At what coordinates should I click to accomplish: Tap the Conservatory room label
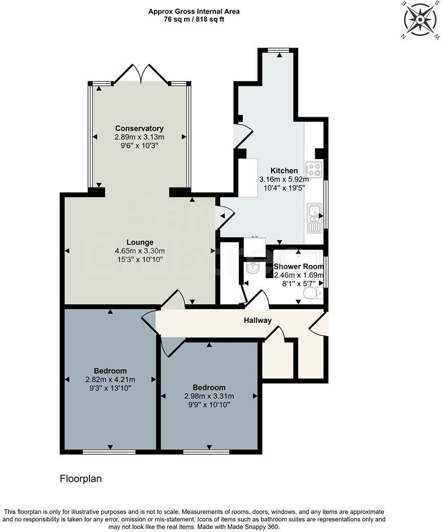tap(139, 128)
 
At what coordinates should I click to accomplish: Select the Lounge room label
tap(140, 242)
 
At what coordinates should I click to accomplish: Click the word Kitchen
tap(284, 171)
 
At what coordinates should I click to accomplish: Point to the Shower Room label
tap(299, 267)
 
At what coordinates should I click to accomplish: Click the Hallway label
tap(257, 321)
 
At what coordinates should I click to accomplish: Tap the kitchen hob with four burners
tap(313, 169)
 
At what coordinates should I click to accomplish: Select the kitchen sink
tap(314, 217)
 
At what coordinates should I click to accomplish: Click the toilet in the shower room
tap(312, 293)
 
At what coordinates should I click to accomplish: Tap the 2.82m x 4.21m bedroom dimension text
tap(110, 380)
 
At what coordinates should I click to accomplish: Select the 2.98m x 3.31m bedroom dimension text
tap(209, 396)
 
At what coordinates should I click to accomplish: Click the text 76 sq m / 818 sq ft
tap(194, 19)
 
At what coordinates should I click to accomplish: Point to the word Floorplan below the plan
tap(81, 479)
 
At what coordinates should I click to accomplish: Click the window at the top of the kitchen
tap(279, 50)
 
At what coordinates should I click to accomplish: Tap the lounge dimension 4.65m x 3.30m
tap(140, 251)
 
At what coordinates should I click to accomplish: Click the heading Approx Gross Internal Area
tap(194, 11)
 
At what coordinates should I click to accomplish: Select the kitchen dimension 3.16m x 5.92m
tap(284, 180)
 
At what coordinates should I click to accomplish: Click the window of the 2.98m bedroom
tap(206, 452)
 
